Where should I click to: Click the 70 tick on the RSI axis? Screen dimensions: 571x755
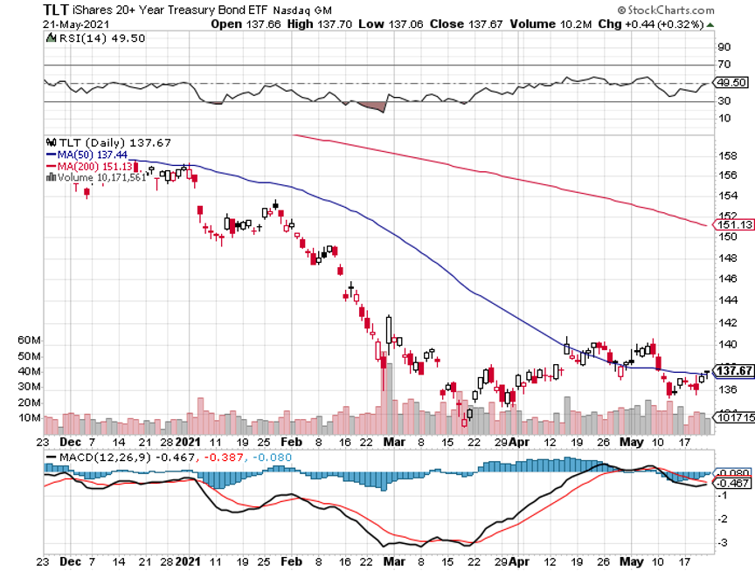pos(724,65)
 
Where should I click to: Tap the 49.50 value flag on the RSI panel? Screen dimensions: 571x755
pos(730,83)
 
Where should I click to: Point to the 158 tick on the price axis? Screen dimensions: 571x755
pos(724,157)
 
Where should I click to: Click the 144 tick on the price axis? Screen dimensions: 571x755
pos(724,299)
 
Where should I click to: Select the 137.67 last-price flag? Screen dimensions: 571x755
pos(733,370)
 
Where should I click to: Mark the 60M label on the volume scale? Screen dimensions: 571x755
pos(55,340)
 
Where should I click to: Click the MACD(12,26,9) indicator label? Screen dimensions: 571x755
pos(95,456)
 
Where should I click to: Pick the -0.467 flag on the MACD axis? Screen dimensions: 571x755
pos(731,482)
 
